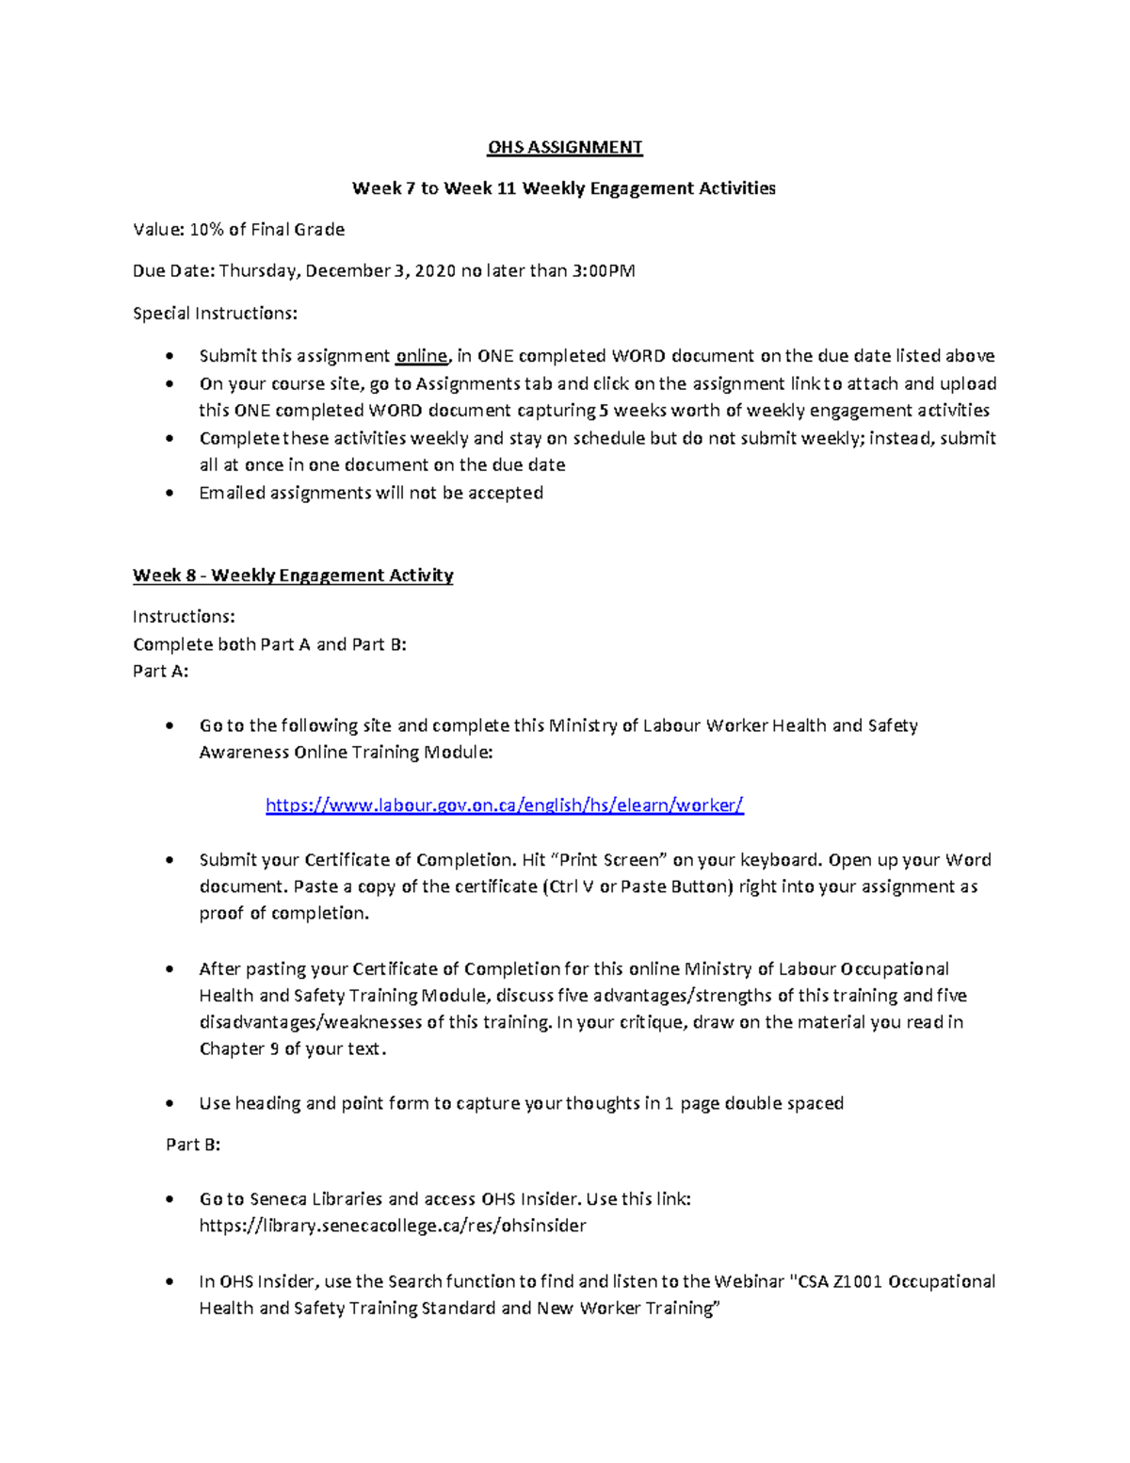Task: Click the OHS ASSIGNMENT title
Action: click(x=564, y=147)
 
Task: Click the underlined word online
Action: click(x=421, y=356)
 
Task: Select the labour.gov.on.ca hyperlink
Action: click(x=505, y=805)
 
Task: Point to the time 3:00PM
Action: click(x=604, y=271)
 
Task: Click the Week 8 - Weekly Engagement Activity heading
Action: click(x=293, y=576)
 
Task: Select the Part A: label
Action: click(x=160, y=672)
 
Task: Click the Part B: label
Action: click(x=193, y=1145)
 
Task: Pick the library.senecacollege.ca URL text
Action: click(x=393, y=1226)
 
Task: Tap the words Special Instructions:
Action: click(x=215, y=313)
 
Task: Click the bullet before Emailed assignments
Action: click(x=169, y=494)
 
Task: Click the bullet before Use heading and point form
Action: click(x=169, y=1104)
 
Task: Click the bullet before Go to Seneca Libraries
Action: click(x=169, y=1200)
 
